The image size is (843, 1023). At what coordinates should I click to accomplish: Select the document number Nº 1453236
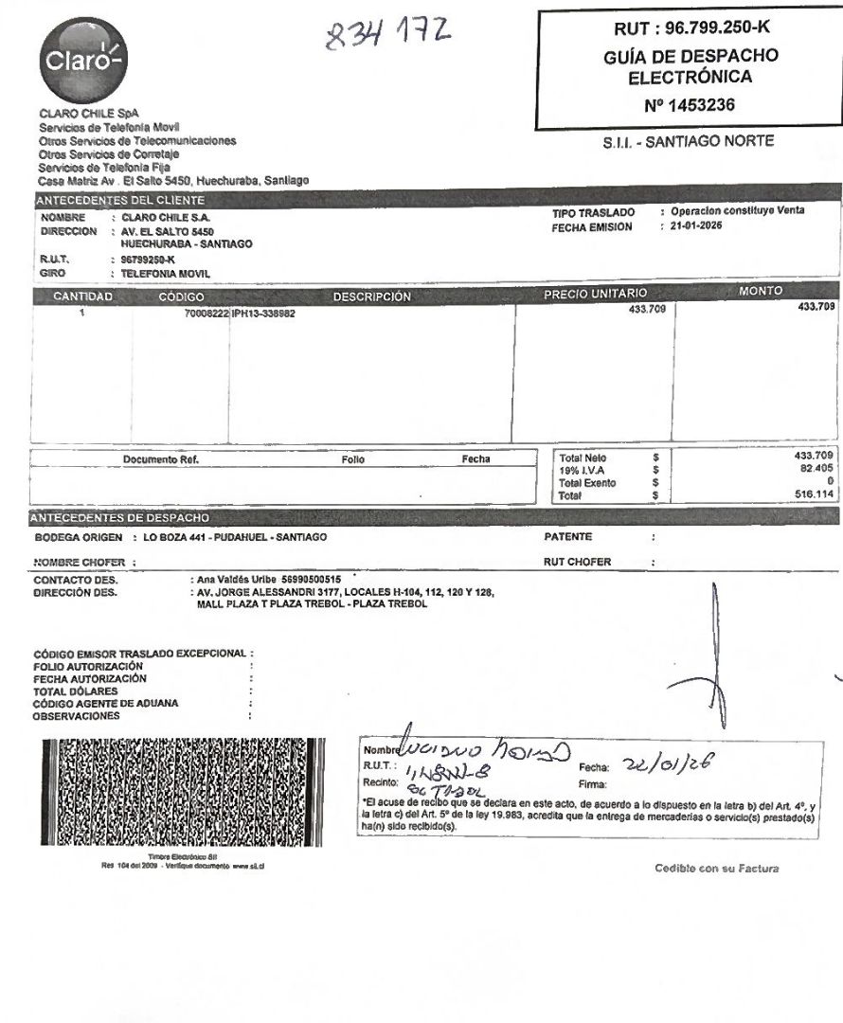[690, 105]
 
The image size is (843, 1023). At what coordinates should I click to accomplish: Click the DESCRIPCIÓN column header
[372, 296]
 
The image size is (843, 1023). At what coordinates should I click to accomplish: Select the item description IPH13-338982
[263, 313]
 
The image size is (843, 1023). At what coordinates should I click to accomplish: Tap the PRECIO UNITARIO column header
[595, 296]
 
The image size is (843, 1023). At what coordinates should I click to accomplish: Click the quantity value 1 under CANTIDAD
[82, 313]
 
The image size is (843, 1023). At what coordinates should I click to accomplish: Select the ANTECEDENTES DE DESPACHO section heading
[119, 517]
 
